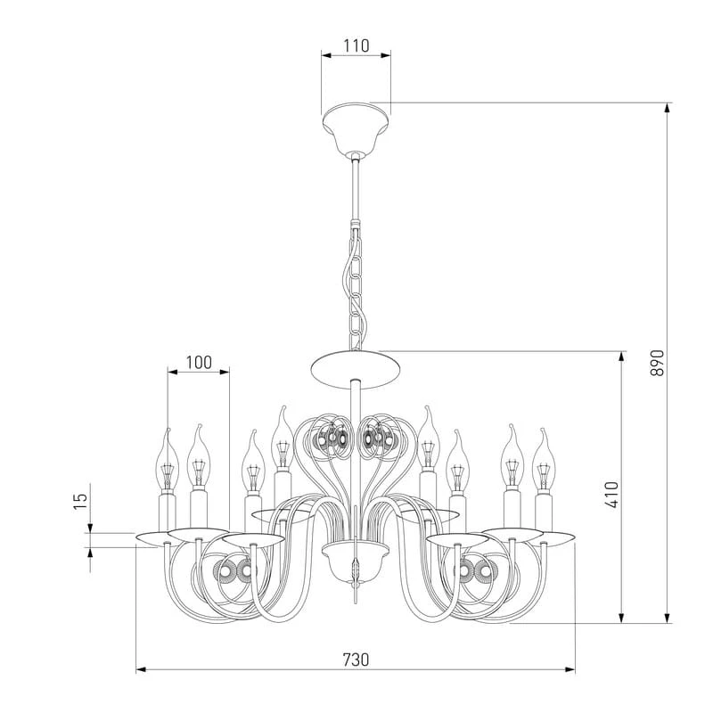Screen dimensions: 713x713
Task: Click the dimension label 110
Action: pos(356,46)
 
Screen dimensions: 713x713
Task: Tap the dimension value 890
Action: pos(657,363)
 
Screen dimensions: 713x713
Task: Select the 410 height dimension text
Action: pos(612,495)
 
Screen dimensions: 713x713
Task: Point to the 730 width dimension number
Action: pos(356,660)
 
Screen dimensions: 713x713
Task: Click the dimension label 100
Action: pos(199,363)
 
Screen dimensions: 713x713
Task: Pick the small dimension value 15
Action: pos(80,501)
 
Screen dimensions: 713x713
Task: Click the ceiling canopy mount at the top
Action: pos(356,127)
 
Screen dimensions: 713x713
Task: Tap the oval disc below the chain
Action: pos(356,370)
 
